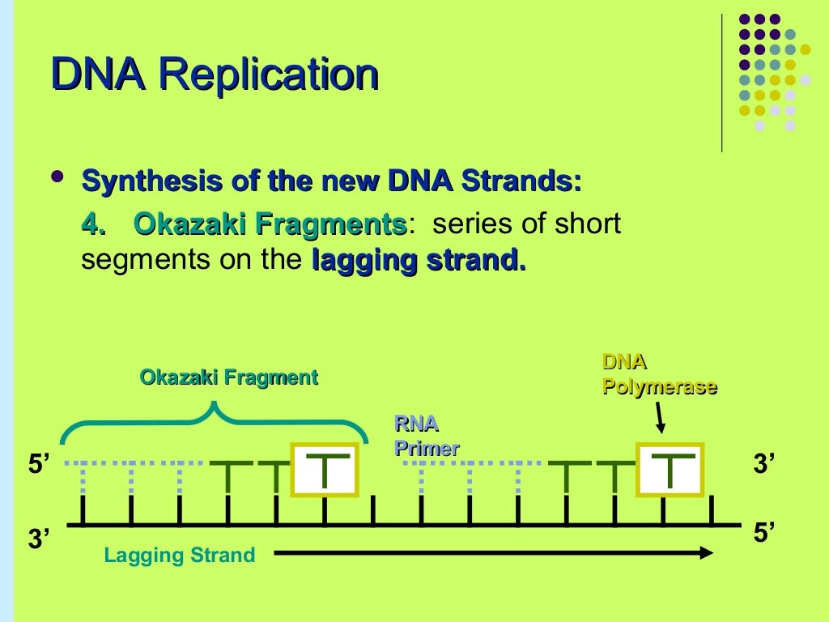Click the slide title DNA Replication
tap(215, 76)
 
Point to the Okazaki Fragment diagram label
tap(228, 377)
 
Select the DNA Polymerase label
tap(659, 374)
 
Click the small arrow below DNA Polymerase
tap(661, 419)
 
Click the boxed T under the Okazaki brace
tap(323, 470)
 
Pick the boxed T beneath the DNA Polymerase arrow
tap(669, 470)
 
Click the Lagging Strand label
tap(179, 556)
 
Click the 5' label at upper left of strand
tap(40, 465)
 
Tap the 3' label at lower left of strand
tap(40, 539)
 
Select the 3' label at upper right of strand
tap(764, 465)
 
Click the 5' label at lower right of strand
tap(764, 533)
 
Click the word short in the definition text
tap(588, 224)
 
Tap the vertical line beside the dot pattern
tap(721, 81)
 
